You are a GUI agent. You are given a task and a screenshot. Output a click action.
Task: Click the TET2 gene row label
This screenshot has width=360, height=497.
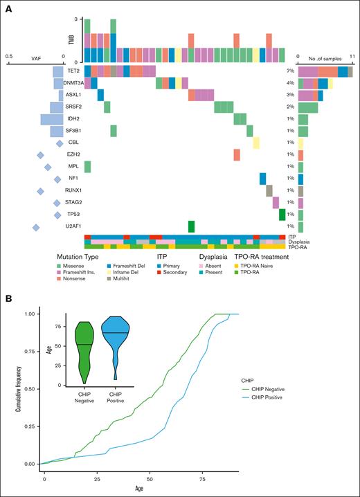tap(74, 71)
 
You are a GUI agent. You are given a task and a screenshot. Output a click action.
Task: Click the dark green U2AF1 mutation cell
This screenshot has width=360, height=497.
tap(192, 226)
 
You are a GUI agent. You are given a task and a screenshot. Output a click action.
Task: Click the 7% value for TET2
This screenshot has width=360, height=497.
tap(289, 71)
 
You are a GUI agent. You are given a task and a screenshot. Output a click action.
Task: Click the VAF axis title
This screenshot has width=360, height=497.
tap(36, 58)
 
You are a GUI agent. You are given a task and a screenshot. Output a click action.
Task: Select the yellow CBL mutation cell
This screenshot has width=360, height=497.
tap(256, 143)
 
